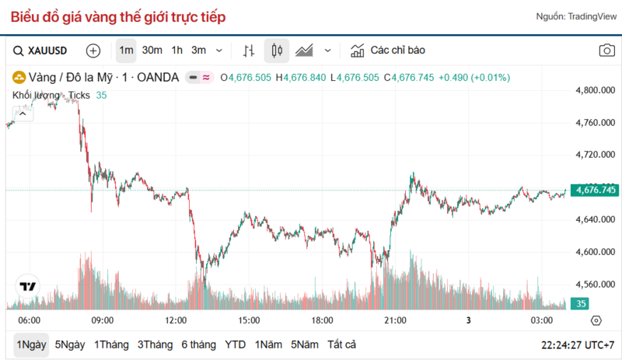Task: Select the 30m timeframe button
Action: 152,51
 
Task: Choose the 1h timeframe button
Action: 177,51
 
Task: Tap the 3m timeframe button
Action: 199,51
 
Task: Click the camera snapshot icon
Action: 606,51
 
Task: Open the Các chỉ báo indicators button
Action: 389,51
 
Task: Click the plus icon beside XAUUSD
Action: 93,51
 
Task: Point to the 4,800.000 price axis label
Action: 595,90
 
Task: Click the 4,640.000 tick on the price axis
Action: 595,219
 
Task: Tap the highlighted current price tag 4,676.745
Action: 595,190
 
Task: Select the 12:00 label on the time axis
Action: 176,320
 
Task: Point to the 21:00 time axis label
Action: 396,320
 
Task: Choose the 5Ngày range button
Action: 70,344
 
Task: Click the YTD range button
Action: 235,344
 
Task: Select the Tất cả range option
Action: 342,344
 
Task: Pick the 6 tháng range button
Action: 198,344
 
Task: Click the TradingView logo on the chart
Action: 28,286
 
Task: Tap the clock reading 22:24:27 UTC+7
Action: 581,344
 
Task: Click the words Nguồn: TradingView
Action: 575,17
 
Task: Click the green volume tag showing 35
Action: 581,304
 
